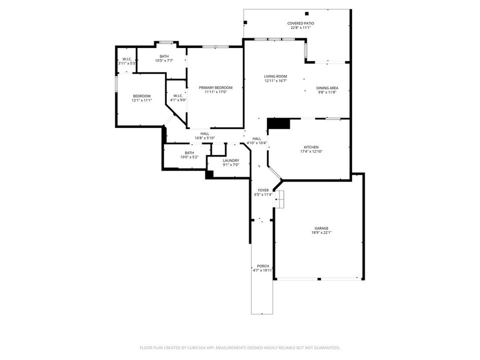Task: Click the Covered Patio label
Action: [x=301, y=23]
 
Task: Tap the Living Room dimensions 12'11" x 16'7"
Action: [x=275, y=81]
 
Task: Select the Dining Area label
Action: [x=327, y=88]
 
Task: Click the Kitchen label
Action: [x=311, y=147]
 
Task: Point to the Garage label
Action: [x=321, y=228]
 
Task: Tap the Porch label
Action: [x=263, y=266]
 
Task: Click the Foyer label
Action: [x=263, y=190]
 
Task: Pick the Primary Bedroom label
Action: [x=215, y=87]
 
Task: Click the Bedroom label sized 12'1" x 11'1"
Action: [x=142, y=96]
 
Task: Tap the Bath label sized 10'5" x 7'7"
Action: [x=164, y=56]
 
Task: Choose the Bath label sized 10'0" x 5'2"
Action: [x=189, y=153]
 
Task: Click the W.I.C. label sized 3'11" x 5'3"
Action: [x=126, y=59]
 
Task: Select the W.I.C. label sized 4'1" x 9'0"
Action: [x=178, y=95]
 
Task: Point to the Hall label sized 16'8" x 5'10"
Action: [x=205, y=134]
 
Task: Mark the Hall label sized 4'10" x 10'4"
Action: [x=257, y=138]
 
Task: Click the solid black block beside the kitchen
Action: [x=279, y=123]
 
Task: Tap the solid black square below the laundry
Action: [x=209, y=174]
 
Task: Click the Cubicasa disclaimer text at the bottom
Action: [x=240, y=347]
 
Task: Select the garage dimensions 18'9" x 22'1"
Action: [x=321, y=233]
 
